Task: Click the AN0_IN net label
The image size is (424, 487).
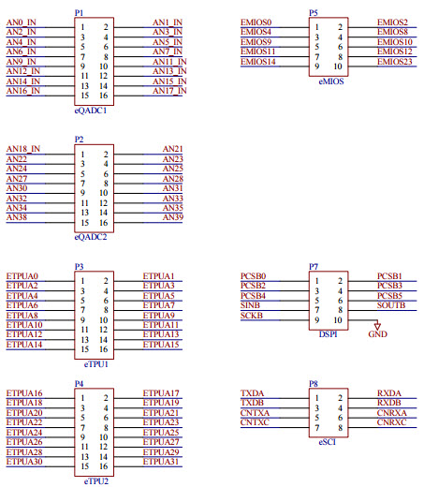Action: click(21, 22)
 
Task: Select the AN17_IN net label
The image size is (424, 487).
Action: click(168, 91)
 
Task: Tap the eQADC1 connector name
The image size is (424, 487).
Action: click(91, 110)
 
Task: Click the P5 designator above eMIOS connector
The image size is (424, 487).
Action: click(313, 11)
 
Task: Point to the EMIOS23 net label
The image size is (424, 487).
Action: click(393, 62)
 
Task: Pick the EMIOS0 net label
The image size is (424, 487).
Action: click(256, 22)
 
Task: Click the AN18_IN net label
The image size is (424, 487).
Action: click(23, 149)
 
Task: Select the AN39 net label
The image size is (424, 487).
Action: click(172, 217)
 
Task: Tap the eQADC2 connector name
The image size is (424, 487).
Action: click(91, 237)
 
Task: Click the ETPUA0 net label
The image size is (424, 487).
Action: click(22, 275)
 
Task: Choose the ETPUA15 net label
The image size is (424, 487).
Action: click(160, 345)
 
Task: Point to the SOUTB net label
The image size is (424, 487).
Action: click(390, 305)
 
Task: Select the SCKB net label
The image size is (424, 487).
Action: click(252, 316)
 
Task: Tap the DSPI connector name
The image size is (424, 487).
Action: click(327, 333)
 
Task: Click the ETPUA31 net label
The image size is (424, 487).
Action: click(160, 462)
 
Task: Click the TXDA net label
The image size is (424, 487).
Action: click(253, 393)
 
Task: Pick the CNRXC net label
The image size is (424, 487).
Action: click(390, 422)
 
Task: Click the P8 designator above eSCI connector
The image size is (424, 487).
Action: click(313, 383)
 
